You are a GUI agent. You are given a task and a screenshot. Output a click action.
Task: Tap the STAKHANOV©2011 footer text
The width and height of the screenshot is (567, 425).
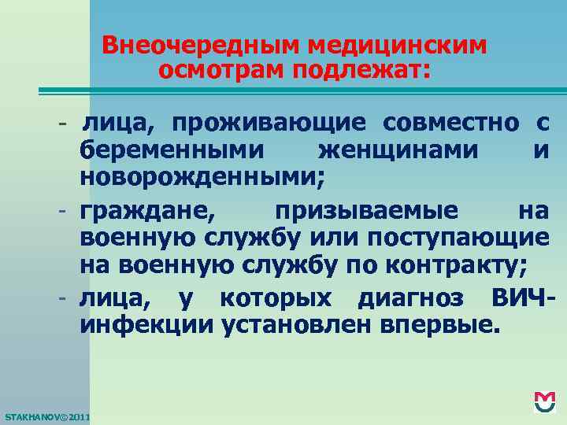(x=47, y=415)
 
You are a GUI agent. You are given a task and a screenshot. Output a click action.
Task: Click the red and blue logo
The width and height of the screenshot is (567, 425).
(x=544, y=401)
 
